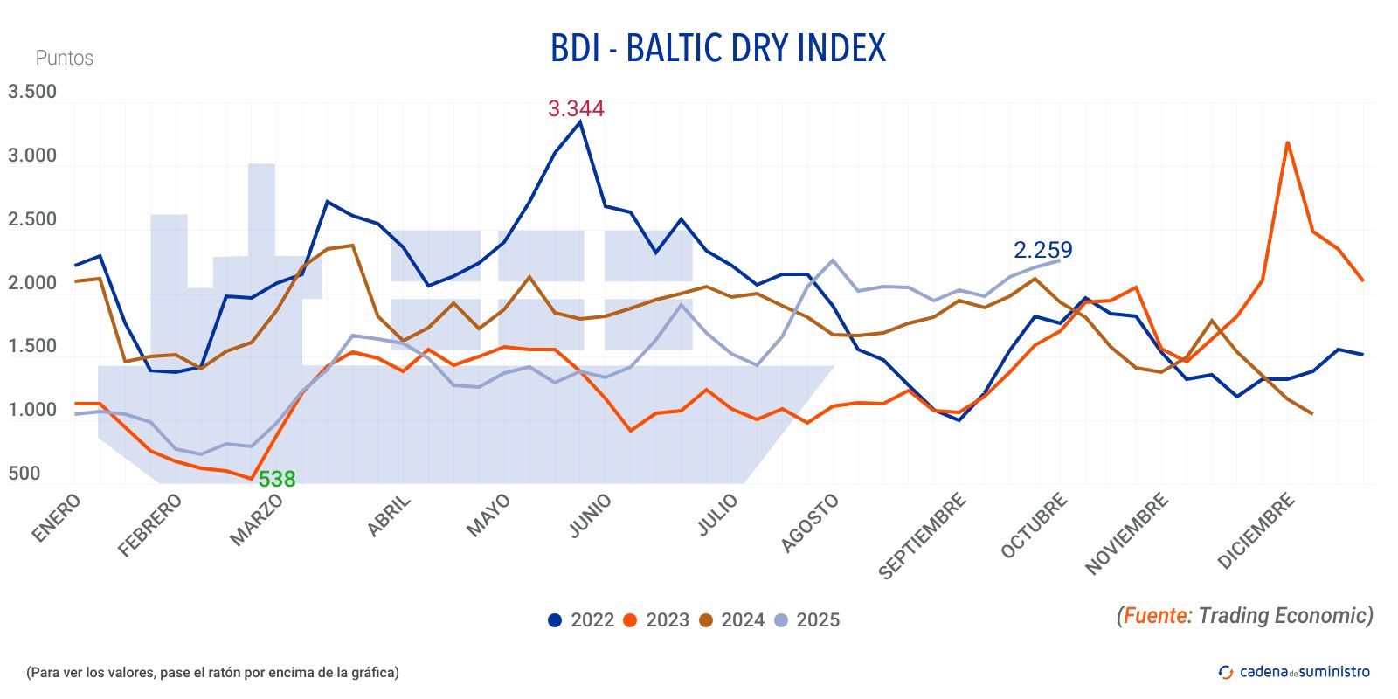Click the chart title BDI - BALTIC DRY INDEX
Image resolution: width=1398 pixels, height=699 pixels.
pyautogui.click(x=717, y=48)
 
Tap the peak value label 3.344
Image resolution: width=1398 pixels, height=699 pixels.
pyautogui.click(x=575, y=109)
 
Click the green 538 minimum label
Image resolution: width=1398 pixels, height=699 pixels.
pyautogui.click(x=277, y=479)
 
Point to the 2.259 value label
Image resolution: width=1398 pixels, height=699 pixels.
pyautogui.click(x=1042, y=250)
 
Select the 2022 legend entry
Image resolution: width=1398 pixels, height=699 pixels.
pyautogui.click(x=581, y=620)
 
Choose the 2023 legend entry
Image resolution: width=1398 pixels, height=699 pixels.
pyautogui.click(x=656, y=620)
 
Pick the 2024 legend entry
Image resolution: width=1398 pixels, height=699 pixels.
pyautogui.click(x=731, y=620)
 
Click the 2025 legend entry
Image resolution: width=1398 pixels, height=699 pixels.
pyautogui.click(x=806, y=620)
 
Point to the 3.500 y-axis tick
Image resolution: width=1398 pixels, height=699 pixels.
pyautogui.click(x=32, y=92)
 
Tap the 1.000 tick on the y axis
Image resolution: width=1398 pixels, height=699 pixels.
pyautogui.click(x=32, y=410)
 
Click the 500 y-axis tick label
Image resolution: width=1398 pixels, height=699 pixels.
pyautogui.click(x=24, y=474)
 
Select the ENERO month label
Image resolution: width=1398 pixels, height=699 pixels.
pyautogui.click(x=56, y=518)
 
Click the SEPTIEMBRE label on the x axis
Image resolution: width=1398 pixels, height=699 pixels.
pyautogui.click(x=922, y=536)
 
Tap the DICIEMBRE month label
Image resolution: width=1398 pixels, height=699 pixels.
pyautogui.click(x=1255, y=531)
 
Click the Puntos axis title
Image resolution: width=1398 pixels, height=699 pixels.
pyautogui.click(x=64, y=59)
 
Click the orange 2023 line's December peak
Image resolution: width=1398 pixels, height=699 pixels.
pyautogui.click(x=1287, y=142)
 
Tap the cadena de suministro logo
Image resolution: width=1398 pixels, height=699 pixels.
pyautogui.click(x=1294, y=672)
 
